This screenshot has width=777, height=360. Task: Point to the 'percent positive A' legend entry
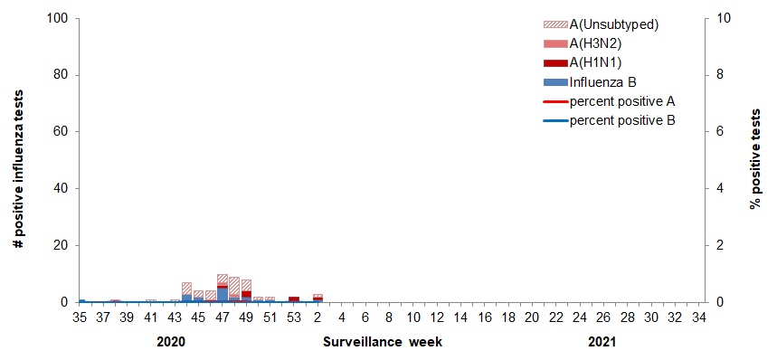point(622,100)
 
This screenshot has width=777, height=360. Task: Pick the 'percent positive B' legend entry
point(622,119)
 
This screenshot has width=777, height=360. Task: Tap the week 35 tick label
point(79,317)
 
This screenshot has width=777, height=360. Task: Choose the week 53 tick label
point(294,317)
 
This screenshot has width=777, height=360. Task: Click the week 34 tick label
point(699,317)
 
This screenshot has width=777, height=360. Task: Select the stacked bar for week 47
point(223,289)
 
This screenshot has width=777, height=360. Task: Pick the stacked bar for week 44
point(186,292)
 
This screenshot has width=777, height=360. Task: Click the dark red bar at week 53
point(294,298)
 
